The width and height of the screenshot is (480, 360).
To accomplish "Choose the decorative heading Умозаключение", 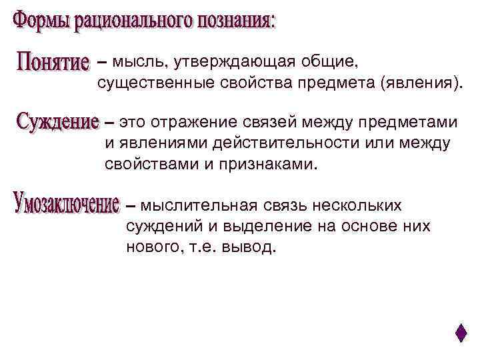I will [x=66, y=203].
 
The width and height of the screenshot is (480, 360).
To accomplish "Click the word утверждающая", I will [x=250, y=62].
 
